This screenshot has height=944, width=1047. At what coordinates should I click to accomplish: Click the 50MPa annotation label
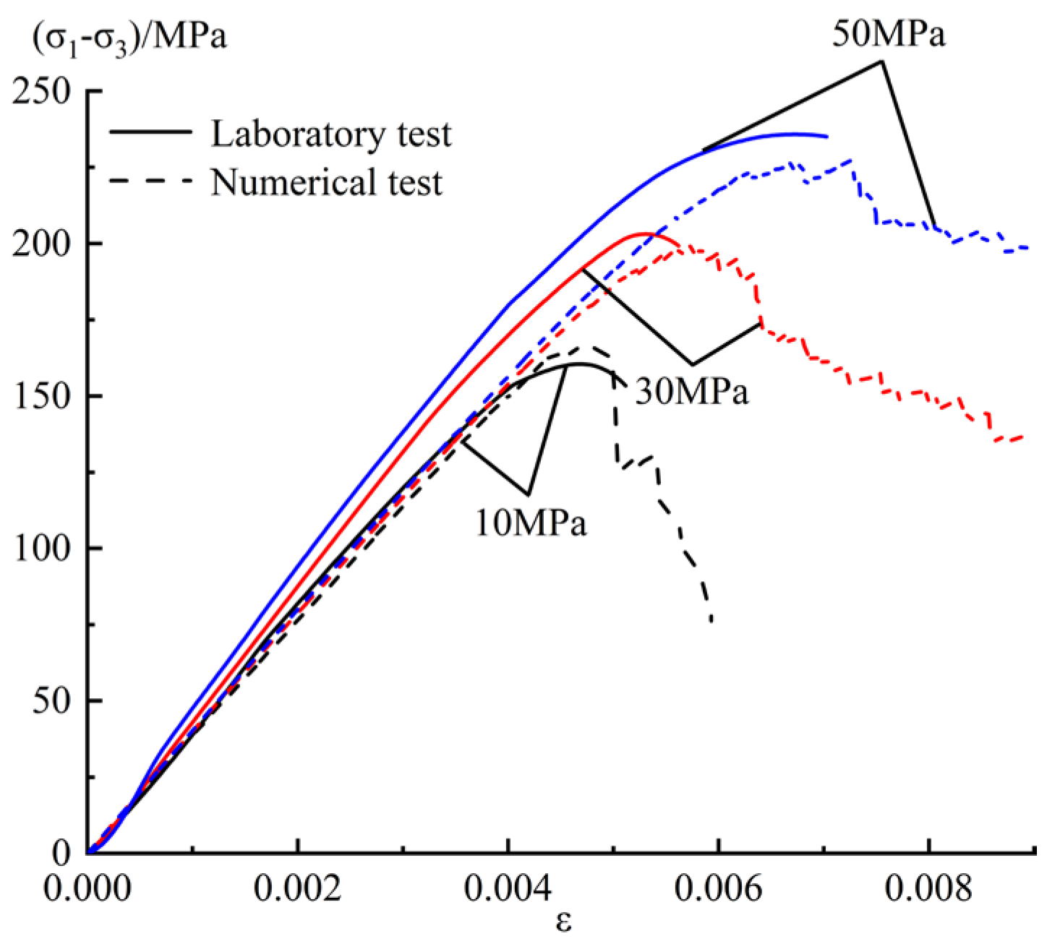(x=888, y=34)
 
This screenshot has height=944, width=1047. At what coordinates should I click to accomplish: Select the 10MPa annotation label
(x=531, y=523)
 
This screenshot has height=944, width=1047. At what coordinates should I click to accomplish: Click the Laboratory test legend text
(x=331, y=134)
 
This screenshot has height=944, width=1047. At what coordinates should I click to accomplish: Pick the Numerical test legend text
(x=326, y=182)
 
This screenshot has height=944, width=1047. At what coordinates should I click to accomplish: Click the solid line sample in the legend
(x=151, y=132)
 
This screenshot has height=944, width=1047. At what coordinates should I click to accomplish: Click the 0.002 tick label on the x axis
(x=297, y=889)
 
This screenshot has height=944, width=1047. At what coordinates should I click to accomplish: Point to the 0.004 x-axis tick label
(x=508, y=889)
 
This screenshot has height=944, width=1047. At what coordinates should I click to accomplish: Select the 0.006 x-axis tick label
(x=719, y=889)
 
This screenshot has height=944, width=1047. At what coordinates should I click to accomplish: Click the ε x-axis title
(x=564, y=922)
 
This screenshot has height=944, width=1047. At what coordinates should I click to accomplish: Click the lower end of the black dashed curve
(x=711, y=620)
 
